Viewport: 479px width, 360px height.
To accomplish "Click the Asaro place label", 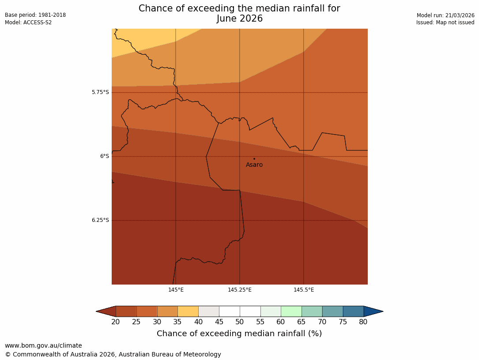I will tap(254, 165).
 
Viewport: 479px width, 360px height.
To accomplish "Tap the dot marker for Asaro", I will tap(254, 159).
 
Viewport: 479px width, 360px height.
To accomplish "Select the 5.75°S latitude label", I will tap(100, 92).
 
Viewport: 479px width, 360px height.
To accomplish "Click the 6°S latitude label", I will tap(104, 156).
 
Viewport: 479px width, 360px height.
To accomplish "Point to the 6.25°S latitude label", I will tap(100, 220).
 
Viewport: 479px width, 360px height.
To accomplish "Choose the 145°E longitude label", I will tap(176, 290).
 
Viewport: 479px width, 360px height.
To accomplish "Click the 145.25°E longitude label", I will tap(240, 290).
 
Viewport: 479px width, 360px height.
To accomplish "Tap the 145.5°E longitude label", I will tap(304, 290).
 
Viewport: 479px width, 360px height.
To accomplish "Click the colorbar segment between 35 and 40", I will tap(188, 311).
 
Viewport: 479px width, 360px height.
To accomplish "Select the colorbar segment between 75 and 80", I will tap(353, 311).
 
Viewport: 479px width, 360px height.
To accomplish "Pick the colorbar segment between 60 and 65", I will tap(291, 311).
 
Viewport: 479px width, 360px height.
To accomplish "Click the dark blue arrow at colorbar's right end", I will tap(373, 311).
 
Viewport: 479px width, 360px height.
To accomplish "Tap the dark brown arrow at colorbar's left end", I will tap(106, 311).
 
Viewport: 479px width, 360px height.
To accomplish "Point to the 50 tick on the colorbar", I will tap(240, 322).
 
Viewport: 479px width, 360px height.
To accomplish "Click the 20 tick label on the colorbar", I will tap(116, 322).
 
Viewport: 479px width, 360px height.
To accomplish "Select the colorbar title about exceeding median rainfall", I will tap(239, 334).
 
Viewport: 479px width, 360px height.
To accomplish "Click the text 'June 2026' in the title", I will tap(239, 19).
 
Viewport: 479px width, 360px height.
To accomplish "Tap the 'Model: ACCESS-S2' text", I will tap(28, 22).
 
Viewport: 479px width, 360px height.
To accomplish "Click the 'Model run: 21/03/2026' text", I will tap(445, 15).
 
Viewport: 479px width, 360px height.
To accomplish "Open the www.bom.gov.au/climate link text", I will tap(43, 345).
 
